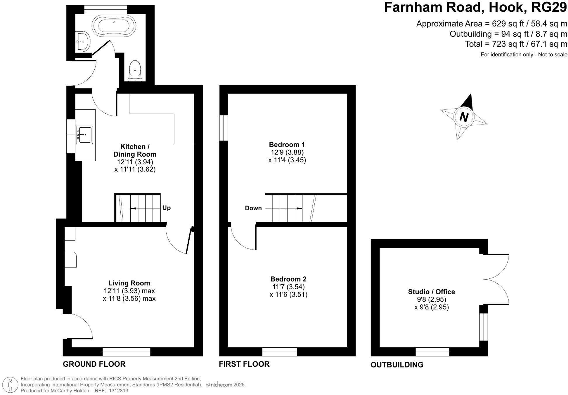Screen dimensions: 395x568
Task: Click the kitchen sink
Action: pyautogui.click(x=84, y=135)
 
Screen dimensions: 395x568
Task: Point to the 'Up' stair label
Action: pyautogui.click(x=166, y=208)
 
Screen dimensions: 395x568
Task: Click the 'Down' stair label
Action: pyautogui.click(x=253, y=208)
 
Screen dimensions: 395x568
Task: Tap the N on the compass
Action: pyautogui.click(x=464, y=117)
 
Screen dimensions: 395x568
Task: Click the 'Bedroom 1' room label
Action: pyautogui.click(x=287, y=145)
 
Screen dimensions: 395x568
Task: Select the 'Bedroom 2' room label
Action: pyautogui.click(x=288, y=279)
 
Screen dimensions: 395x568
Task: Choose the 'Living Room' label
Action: pyautogui.click(x=129, y=283)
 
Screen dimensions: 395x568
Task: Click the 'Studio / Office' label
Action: pyautogui.click(x=431, y=292)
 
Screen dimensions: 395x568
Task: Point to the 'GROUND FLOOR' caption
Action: pyautogui.click(x=94, y=364)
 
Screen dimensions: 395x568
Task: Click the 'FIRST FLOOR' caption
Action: pyautogui.click(x=244, y=364)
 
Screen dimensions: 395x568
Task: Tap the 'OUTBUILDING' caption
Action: pyautogui.click(x=397, y=365)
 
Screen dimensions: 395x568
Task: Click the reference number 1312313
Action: pyautogui.click(x=118, y=391)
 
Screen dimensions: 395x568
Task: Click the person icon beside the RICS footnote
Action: pyautogui.click(x=11, y=385)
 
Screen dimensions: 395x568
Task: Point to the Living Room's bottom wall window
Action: pyautogui.click(x=126, y=352)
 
